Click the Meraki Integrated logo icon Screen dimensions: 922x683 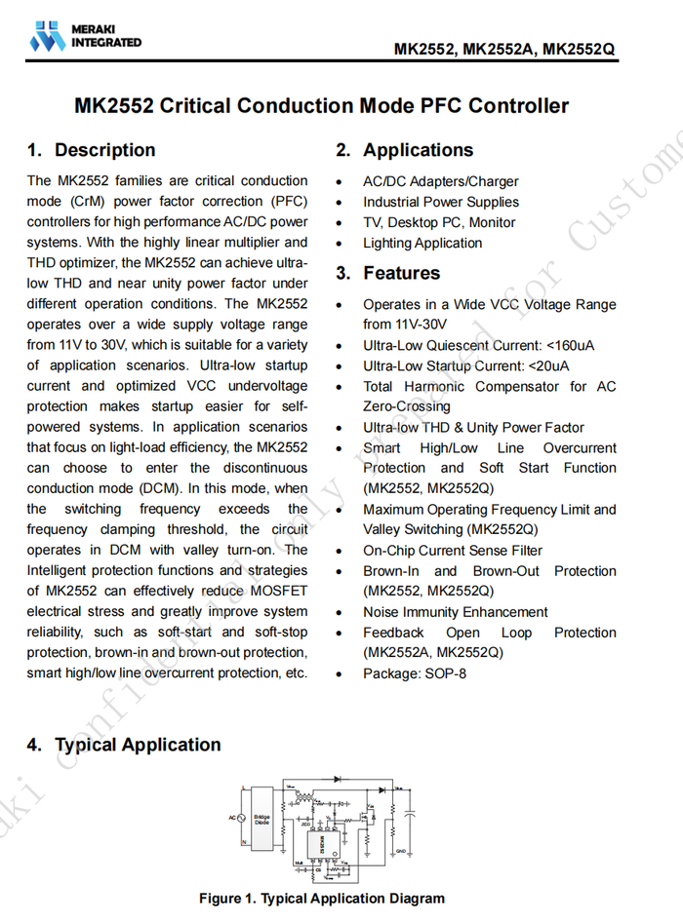pos(46,36)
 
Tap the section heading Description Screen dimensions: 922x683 pos(104,150)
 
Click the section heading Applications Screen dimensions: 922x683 pos(418,150)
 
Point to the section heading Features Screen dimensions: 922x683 pos(401,273)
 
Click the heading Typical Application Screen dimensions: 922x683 pos(138,745)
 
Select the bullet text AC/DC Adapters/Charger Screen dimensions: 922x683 pos(440,181)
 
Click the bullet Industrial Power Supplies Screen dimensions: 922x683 pos(440,202)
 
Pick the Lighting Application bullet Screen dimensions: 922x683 pos(422,243)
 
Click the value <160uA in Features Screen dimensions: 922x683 pos(571,345)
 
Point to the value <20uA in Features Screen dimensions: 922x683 pos(547,365)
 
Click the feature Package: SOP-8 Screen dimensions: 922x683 pos(414,672)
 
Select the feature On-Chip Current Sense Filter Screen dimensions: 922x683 pos(453,550)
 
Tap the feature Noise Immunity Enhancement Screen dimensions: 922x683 pos(455,612)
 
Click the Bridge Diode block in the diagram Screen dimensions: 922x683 pos(262,819)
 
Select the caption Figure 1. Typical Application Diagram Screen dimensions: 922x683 pos(321,899)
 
